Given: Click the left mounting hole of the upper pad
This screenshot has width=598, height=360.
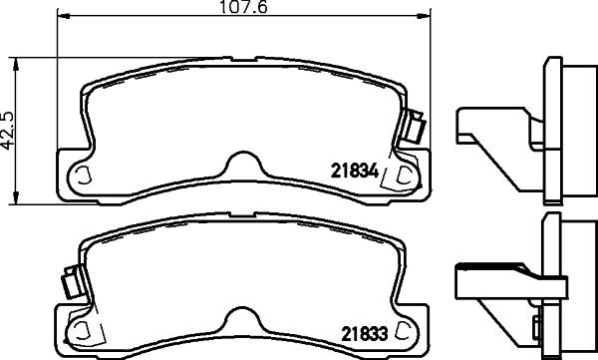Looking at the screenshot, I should [81, 178].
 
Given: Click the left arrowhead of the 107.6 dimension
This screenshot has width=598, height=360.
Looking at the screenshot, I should [62, 17].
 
